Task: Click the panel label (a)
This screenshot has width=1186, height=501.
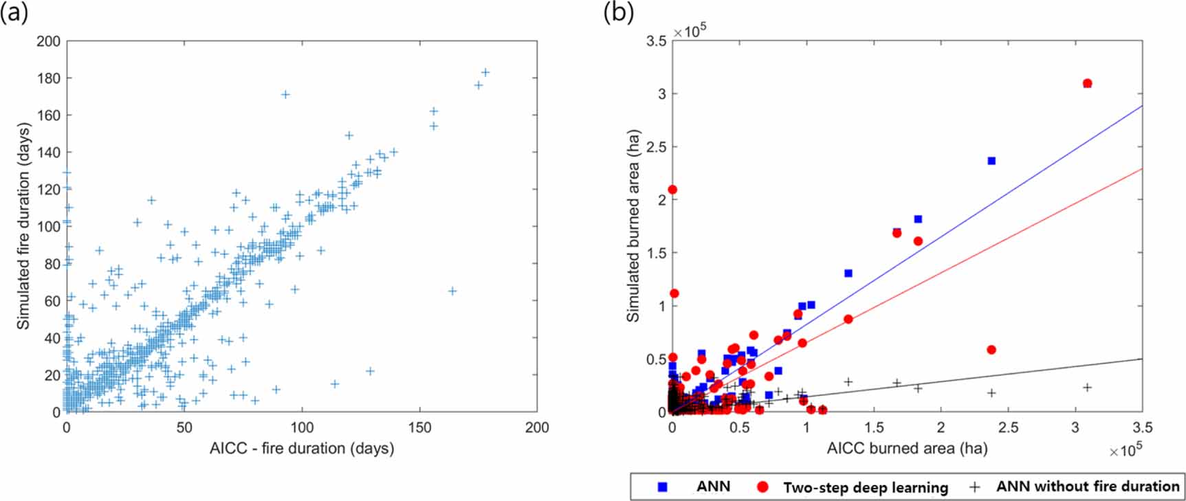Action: (14, 13)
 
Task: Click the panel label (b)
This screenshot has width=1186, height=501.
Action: (617, 13)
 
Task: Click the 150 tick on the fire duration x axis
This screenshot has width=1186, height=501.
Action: (419, 427)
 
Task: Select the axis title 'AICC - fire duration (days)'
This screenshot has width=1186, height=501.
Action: (302, 449)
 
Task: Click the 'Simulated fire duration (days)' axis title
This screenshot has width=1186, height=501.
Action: (23, 226)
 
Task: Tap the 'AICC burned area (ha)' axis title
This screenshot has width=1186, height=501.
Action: (907, 449)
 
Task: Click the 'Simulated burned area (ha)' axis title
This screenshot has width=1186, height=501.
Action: (633, 226)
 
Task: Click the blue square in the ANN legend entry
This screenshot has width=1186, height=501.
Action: (663, 487)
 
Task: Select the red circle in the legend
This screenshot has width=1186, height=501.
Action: (762, 487)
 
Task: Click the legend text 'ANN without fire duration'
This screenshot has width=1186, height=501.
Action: (1088, 487)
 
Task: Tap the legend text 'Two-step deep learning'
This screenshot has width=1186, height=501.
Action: (866, 487)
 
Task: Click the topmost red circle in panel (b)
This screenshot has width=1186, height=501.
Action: (1087, 84)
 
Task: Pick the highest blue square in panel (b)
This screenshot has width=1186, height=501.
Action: (991, 161)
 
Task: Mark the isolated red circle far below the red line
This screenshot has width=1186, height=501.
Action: (991, 350)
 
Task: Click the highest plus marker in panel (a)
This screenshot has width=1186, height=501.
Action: (485, 72)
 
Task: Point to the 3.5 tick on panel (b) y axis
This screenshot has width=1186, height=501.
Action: (657, 41)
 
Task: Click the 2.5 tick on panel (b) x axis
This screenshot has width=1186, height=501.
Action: (1008, 427)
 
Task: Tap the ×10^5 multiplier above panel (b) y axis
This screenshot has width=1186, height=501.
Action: (690, 32)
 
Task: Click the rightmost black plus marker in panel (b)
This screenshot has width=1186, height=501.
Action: (1087, 388)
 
